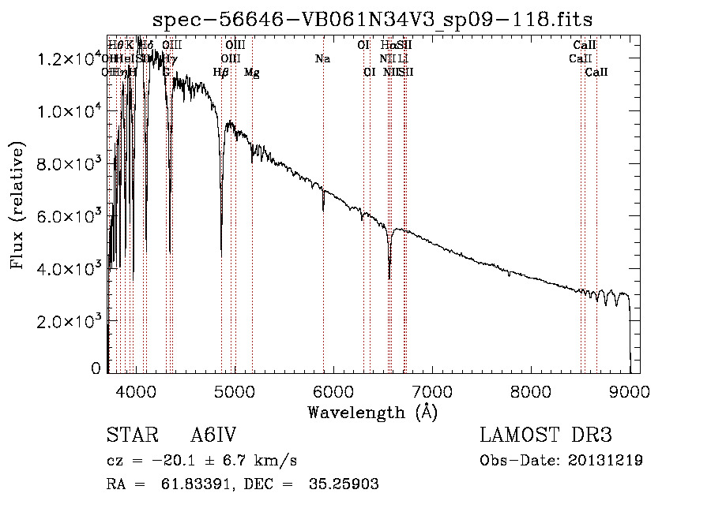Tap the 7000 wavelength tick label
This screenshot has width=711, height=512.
pos(431,391)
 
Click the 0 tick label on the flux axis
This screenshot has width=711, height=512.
pos(96,368)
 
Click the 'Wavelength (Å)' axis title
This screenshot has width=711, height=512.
pos(372,412)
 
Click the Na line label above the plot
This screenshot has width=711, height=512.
pos(322,58)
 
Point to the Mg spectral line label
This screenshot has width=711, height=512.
pos(251,73)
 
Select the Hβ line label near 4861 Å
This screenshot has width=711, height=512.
pos(221,73)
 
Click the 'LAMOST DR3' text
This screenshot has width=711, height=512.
pos(545,436)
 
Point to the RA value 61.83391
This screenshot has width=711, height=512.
pos(187,484)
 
